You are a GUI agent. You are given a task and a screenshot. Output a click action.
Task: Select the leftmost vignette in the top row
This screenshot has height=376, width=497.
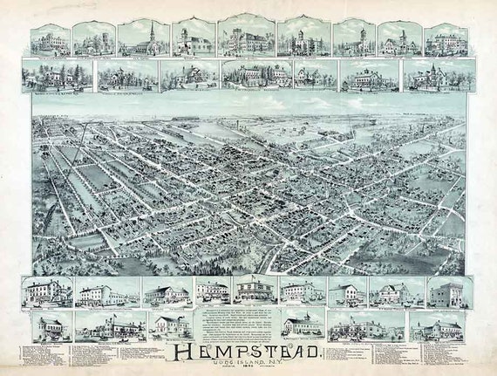pyautogui.click(x=49, y=40)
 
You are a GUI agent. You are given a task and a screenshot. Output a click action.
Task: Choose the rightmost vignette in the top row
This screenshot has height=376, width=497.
pyautogui.click(x=446, y=40)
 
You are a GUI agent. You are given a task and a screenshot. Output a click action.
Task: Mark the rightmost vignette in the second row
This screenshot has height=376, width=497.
pyautogui.click(x=437, y=76)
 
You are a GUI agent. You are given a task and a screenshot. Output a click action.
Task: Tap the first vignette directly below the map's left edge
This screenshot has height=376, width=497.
pyautogui.click(x=48, y=291)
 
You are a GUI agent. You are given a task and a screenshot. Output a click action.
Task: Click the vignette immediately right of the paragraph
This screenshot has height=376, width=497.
pyautogui.click(x=303, y=325)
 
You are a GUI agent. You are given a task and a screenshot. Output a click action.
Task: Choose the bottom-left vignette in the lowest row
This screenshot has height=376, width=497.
pyautogui.click(x=48, y=326)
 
